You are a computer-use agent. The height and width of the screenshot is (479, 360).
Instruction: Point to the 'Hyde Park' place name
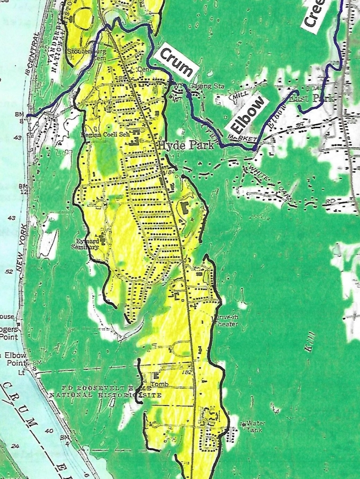coord(186,145)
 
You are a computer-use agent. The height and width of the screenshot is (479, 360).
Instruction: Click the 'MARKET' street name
coord(241,138)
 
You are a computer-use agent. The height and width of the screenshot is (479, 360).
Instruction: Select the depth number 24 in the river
coord(14,446)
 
